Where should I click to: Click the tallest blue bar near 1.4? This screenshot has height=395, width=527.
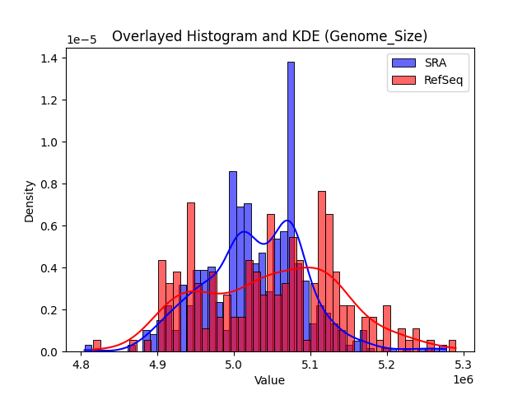[x=291, y=206]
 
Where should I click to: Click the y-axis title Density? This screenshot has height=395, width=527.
[x=30, y=201]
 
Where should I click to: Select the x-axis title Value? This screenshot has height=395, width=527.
[x=269, y=381]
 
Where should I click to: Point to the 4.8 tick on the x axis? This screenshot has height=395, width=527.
[x=81, y=364]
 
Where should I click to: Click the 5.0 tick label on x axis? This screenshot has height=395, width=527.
[x=234, y=364]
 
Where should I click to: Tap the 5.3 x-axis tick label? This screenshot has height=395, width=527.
[x=463, y=364]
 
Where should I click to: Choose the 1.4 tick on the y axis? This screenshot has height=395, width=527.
[x=50, y=58]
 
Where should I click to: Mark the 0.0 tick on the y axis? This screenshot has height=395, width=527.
[x=50, y=351]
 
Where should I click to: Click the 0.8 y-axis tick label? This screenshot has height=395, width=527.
[x=50, y=184]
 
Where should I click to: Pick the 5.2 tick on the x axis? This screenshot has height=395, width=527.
[x=386, y=364]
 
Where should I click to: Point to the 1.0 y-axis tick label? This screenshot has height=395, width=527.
[x=50, y=142]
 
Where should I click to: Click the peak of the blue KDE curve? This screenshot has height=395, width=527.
[x=287, y=221]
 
